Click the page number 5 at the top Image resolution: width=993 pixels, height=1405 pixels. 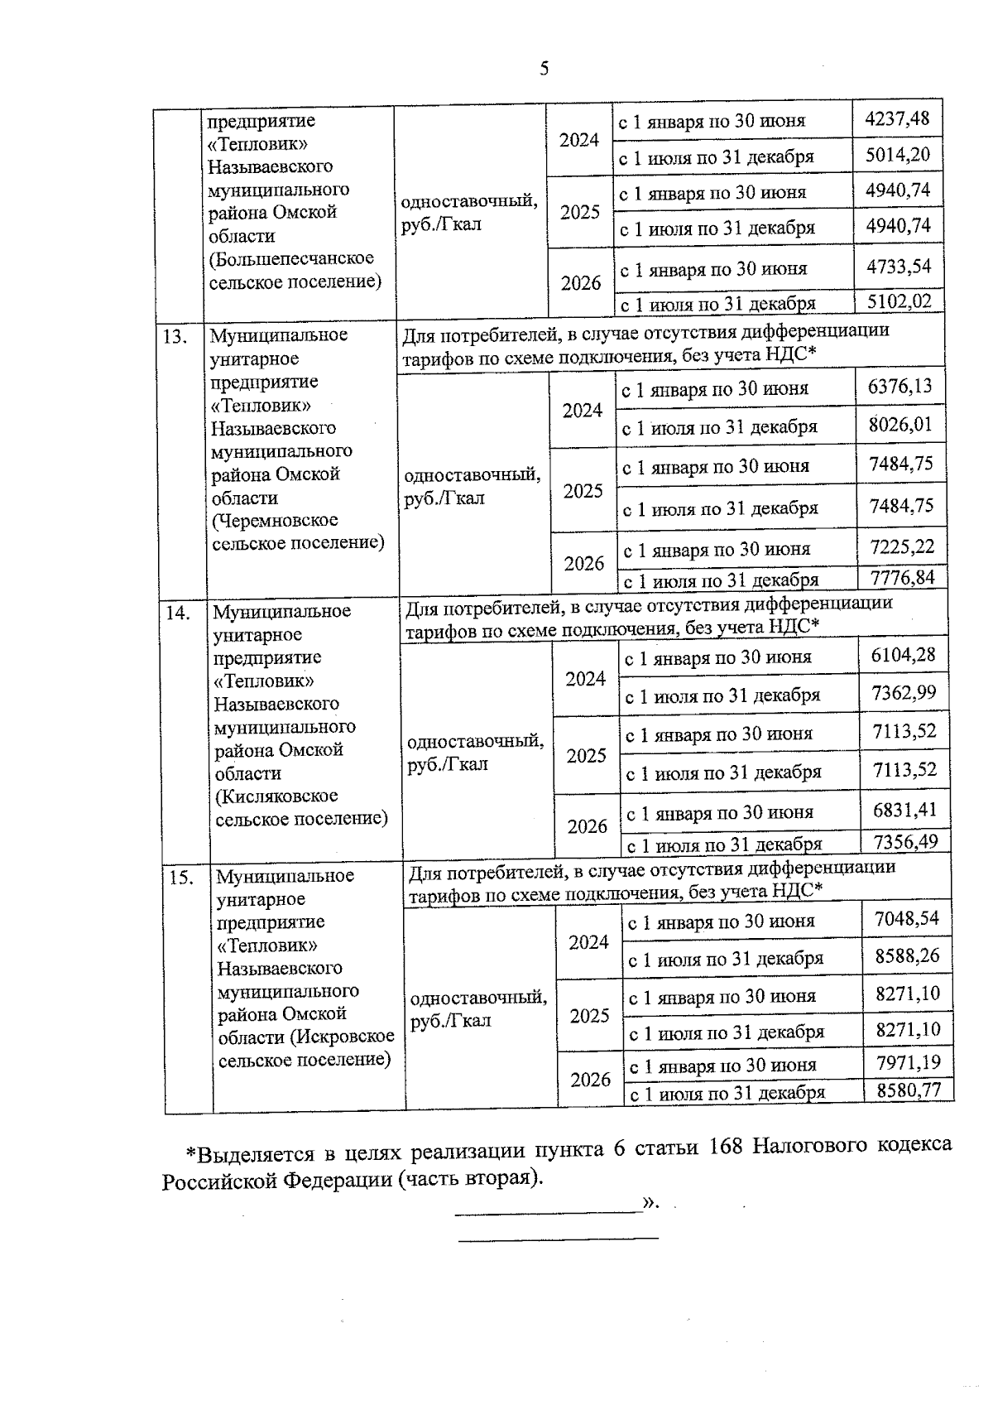[x=544, y=69]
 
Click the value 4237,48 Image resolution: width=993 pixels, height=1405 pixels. [x=897, y=119]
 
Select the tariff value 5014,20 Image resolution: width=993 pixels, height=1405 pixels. [x=898, y=155]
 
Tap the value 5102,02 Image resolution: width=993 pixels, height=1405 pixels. [x=899, y=301]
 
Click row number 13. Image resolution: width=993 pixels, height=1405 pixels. [x=175, y=336]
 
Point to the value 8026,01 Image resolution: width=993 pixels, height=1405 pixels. [x=900, y=425]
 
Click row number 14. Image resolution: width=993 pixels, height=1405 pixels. [x=179, y=613]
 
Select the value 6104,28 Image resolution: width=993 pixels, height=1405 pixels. [x=904, y=655]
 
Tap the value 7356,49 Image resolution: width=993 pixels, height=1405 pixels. [x=905, y=842]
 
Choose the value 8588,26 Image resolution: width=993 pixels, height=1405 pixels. [x=908, y=956]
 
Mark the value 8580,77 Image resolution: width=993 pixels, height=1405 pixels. [x=909, y=1090]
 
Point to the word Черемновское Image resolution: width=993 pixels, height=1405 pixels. [x=275, y=521]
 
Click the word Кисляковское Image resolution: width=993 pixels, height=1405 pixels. [x=276, y=796]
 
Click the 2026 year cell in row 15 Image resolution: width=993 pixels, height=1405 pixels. [x=590, y=1080]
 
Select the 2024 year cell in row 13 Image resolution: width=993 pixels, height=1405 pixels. [x=583, y=411]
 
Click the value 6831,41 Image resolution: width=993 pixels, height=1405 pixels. [x=905, y=810]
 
